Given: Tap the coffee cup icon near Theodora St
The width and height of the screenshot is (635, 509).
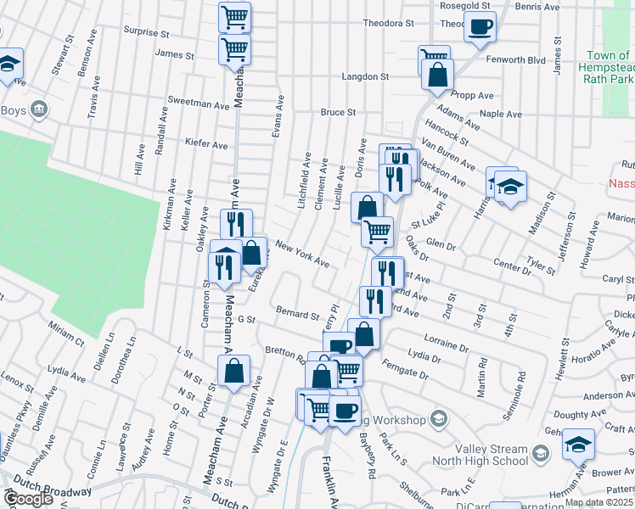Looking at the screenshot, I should [480, 26].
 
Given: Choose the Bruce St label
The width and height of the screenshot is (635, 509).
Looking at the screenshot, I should [337, 112].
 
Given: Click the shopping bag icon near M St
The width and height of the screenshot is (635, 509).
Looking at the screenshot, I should [233, 371].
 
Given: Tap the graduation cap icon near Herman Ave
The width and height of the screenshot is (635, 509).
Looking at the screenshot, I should [578, 444].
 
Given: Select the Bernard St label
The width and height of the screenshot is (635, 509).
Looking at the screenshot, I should [296, 314].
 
